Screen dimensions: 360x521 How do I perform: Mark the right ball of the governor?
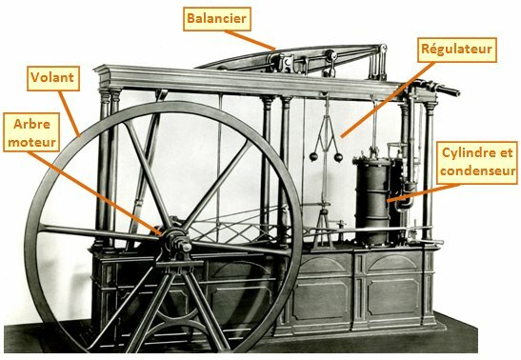(x=338, y=157)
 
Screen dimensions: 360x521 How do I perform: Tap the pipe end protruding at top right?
(x=449, y=90)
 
